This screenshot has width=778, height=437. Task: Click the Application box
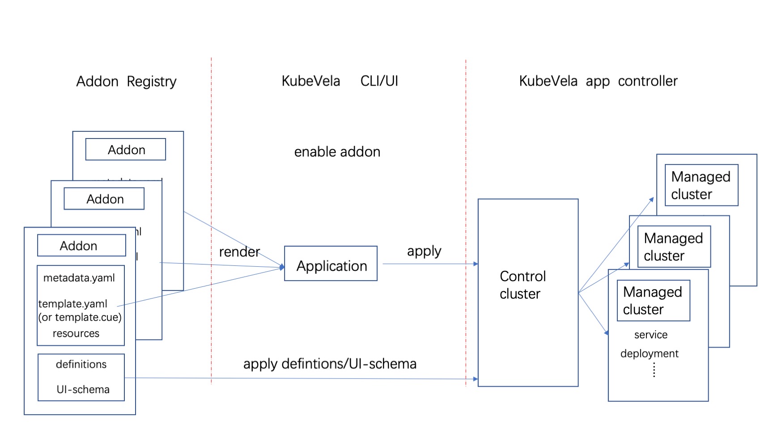pyautogui.click(x=331, y=263)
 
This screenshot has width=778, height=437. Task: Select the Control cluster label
pyautogui.click(x=523, y=285)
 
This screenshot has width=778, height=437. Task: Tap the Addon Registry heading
pyautogui.click(x=126, y=81)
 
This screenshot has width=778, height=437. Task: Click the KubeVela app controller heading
pyautogui.click(x=598, y=81)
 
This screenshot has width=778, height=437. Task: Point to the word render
pyautogui.click(x=239, y=252)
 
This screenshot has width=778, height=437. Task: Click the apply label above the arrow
pyautogui.click(x=424, y=251)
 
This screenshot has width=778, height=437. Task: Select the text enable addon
pyautogui.click(x=337, y=152)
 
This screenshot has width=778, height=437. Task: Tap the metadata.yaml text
pyautogui.click(x=79, y=278)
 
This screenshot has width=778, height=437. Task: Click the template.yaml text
pyautogui.click(x=73, y=304)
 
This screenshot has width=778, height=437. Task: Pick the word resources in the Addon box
pyautogui.click(x=76, y=333)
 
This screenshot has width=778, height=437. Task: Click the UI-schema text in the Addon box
pyautogui.click(x=83, y=390)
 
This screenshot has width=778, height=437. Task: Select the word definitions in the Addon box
pyautogui.click(x=81, y=364)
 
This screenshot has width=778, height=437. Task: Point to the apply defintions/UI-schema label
pyautogui.click(x=330, y=364)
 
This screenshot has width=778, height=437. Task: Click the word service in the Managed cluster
pyautogui.click(x=651, y=335)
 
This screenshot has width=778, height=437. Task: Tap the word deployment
pyautogui.click(x=650, y=353)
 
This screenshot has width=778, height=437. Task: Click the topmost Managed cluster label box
pyautogui.click(x=701, y=185)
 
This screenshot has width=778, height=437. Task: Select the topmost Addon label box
pyautogui.click(x=126, y=149)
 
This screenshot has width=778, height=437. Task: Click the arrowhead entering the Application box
pyautogui.click(x=282, y=267)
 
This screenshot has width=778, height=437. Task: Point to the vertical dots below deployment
pyautogui.click(x=654, y=370)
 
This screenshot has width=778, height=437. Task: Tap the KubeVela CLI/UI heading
pyautogui.click(x=340, y=81)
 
